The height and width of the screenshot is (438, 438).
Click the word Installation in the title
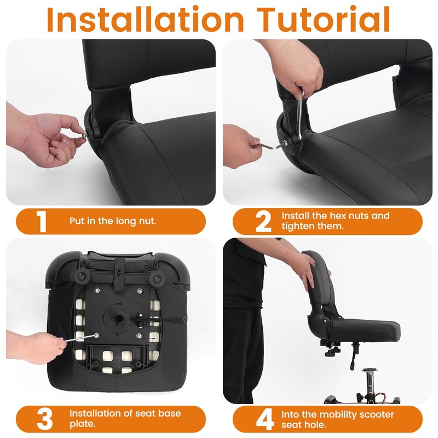[145, 20]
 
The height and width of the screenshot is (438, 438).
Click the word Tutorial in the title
[324, 20]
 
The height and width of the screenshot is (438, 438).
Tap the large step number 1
[42, 221]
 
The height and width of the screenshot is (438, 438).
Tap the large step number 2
[263, 222]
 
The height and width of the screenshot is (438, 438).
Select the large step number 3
[45, 419]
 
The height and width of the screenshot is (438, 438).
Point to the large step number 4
[265, 419]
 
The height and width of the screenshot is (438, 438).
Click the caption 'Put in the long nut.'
[113, 221]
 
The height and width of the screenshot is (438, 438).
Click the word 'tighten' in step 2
[296, 226]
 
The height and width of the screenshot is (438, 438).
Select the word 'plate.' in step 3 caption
[83, 424]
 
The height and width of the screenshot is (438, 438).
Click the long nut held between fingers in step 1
[84, 135]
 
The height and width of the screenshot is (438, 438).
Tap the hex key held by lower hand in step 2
[273, 146]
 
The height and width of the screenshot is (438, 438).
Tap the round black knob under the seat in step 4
[332, 353]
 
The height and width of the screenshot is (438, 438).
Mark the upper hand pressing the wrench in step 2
[297, 68]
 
